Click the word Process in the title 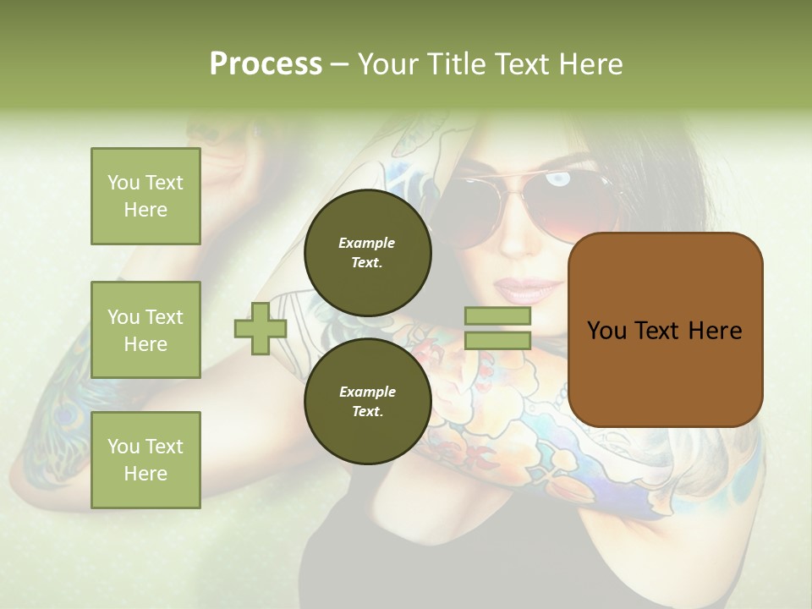(266, 64)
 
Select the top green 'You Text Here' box (145, 196)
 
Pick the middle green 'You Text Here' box (145, 330)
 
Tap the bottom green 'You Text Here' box (145, 460)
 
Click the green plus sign (261, 328)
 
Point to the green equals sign (497, 328)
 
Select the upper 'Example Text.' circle (367, 252)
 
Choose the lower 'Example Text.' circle (367, 401)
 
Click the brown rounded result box (665, 330)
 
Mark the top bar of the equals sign (497, 316)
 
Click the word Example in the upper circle (367, 243)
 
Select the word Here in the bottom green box (145, 474)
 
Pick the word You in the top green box (123, 183)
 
